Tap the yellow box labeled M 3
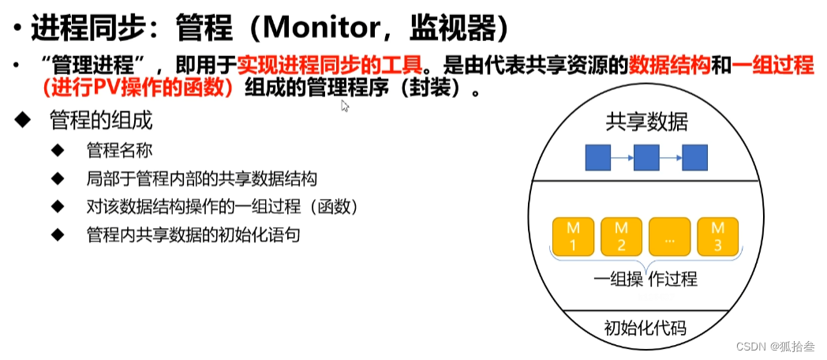pyautogui.click(x=717, y=235)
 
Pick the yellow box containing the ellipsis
pyautogui.click(x=669, y=235)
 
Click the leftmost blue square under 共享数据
pyautogui.click(x=597, y=159)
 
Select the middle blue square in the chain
pyautogui.click(x=646, y=159)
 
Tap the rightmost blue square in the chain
pyautogui.click(x=694, y=159)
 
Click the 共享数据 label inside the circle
pyautogui.click(x=646, y=122)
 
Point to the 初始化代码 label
pyautogui.click(x=645, y=328)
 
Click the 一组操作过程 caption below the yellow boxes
pyautogui.click(x=645, y=279)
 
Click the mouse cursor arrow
pyautogui.click(x=344, y=106)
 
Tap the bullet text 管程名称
pyautogui.click(x=119, y=150)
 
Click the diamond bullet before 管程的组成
pyautogui.click(x=23, y=120)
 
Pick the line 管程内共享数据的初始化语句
pyautogui.click(x=193, y=235)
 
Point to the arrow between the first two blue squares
pyautogui.click(x=622, y=159)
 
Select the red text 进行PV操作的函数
pyautogui.click(x=140, y=88)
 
